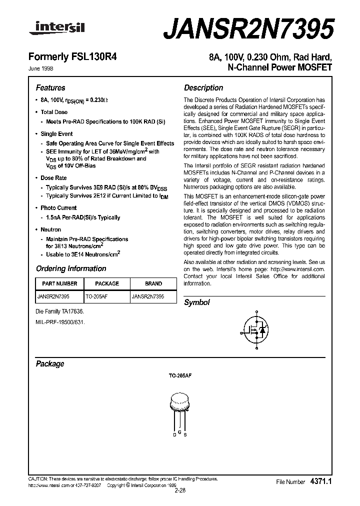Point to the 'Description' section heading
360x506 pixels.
click(x=203, y=87)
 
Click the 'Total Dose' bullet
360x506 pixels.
click(x=53, y=112)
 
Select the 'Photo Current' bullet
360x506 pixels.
click(x=58, y=207)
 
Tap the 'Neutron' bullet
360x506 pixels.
click(x=50, y=229)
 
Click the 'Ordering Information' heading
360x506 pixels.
click(x=71, y=268)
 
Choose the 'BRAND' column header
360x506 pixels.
click(x=153, y=283)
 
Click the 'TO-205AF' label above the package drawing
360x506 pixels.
click(x=180, y=380)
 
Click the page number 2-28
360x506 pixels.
click(x=180, y=490)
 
